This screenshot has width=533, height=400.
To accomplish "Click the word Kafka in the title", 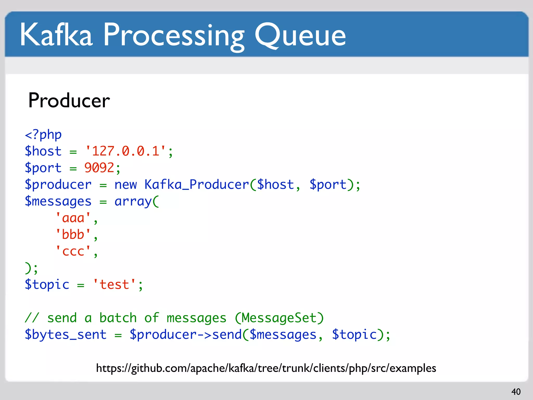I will tap(56, 35).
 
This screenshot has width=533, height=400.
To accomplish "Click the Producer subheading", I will tap(69, 101).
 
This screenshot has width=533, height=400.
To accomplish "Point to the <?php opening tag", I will tap(43, 135).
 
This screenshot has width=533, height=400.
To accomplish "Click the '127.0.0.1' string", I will tap(125, 151).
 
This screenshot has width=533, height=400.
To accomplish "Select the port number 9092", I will tap(99, 168).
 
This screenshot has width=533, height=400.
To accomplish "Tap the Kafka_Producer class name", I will tap(197, 185).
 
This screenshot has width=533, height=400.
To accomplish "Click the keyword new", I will tap(125, 185).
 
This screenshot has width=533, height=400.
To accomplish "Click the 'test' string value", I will tap(115, 284).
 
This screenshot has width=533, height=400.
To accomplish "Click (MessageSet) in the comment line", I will tap(279, 318).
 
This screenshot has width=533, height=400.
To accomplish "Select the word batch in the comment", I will tap(118, 318).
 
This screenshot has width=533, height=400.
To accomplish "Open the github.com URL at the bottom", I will tap(266, 368).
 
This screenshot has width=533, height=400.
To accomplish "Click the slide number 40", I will tap(516, 392).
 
